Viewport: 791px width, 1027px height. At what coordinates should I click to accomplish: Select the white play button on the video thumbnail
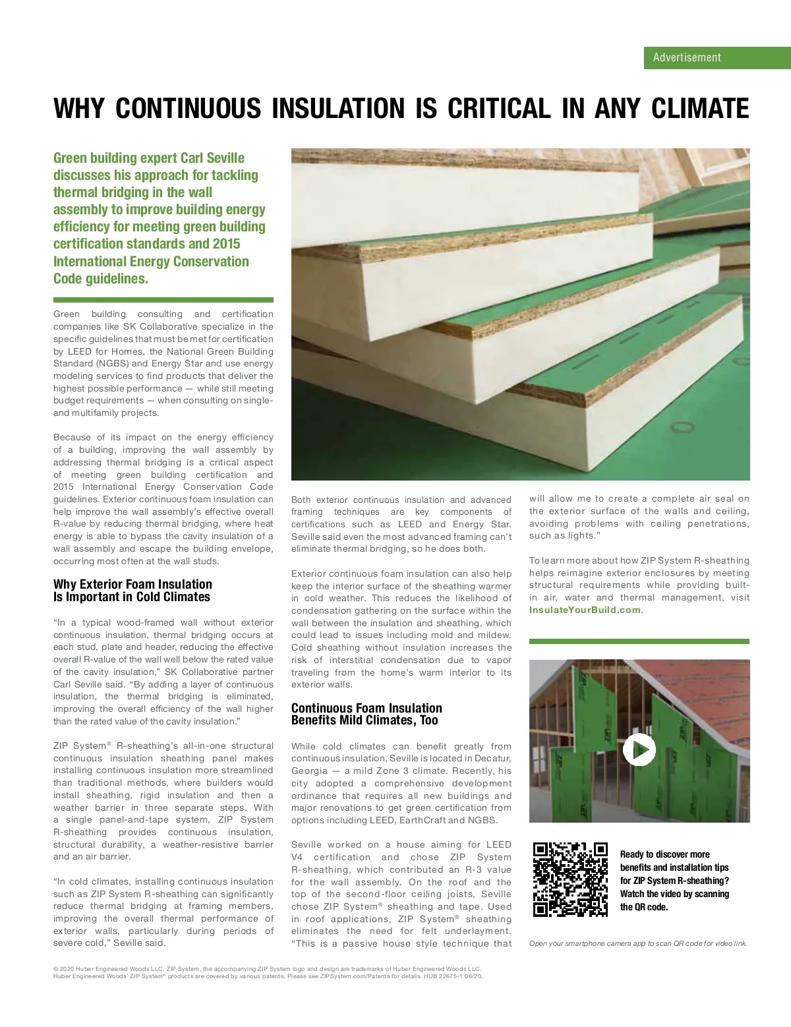[639, 749]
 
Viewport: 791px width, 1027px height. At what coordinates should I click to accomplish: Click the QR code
[570, 879]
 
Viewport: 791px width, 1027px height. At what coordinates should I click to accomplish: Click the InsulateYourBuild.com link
[585, 610]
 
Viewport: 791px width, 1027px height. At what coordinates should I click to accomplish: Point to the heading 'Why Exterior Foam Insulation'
[132, 584]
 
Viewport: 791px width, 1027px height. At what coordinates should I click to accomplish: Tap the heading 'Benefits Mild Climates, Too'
[365, 720]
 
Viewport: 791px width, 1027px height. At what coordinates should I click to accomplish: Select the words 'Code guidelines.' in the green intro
[101, 279]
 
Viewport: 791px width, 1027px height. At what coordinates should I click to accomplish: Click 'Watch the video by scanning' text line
[674, 894]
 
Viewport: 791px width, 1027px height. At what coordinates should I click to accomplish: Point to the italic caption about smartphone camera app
[638, 943]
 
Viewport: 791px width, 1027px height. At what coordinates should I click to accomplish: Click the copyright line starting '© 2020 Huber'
[267, 969]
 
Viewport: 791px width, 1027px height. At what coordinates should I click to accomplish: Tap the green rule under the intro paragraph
[163, 299]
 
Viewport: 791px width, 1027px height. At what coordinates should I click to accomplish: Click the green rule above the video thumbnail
[639, 641]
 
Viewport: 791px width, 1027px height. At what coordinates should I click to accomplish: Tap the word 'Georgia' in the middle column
[309, 771]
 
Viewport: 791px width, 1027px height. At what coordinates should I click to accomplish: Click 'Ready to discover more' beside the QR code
[664, 854]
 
